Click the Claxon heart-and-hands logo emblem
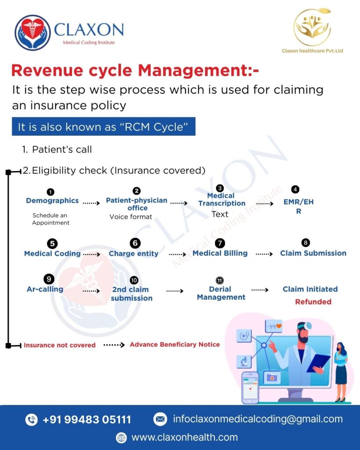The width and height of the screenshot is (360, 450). click(33, 33)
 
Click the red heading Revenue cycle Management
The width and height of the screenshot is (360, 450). click(135, 70)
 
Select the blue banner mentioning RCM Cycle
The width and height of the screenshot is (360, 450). click(104, 126)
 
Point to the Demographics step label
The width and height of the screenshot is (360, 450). click(52, 200)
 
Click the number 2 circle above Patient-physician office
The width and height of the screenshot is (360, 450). click(137, 191)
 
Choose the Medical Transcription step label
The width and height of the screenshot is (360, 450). click(222, 200)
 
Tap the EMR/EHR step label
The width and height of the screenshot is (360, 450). click(298, 207)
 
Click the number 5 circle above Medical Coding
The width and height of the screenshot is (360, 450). click(52, 243)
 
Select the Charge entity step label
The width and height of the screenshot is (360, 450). click(134, 254)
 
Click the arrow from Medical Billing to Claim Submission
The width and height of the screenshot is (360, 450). click(264, 254)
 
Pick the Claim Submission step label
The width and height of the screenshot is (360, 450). click(313, 253)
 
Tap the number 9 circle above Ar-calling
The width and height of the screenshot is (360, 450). click(49, 279)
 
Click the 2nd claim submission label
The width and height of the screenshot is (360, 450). click(131, 294)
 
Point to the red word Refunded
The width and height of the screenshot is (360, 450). click(313, 301)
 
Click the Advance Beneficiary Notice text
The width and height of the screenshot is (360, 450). click(175, 345)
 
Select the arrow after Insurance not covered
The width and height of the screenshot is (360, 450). click(114, 345)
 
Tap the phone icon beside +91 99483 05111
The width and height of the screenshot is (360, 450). click(32, 419)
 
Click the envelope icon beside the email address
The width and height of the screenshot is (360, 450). click(160, 419)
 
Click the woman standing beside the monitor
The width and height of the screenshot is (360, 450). click(341, 372)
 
